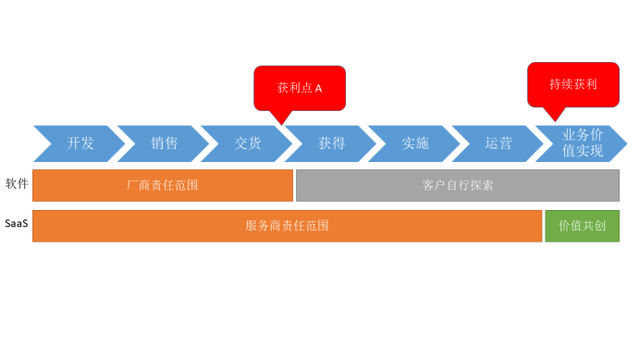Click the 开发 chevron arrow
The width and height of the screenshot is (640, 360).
(x=80, y=143)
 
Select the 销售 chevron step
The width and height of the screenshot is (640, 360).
(x=164, y=143)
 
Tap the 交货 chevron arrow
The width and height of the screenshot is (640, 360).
(x=247, y=143)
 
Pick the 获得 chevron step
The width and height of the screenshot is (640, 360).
(x=331, y=143)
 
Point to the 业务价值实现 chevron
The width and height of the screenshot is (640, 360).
(x=583, y=143)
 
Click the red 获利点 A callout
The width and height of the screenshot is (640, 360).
(x=300, y=87)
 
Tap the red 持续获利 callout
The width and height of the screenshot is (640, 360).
(x=573, y=83)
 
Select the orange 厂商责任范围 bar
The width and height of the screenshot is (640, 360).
(x=163, y=185)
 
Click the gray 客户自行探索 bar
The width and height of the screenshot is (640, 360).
(x=458, y=185)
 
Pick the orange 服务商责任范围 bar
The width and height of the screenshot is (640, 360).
(x=287, y=226)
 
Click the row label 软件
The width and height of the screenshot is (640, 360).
(x=17, y=184)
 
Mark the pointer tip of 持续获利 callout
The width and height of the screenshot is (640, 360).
(x=552, y=120)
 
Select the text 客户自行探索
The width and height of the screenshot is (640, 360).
(x=458, y=185)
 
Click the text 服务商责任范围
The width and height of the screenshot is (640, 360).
(x=287, y=226)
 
